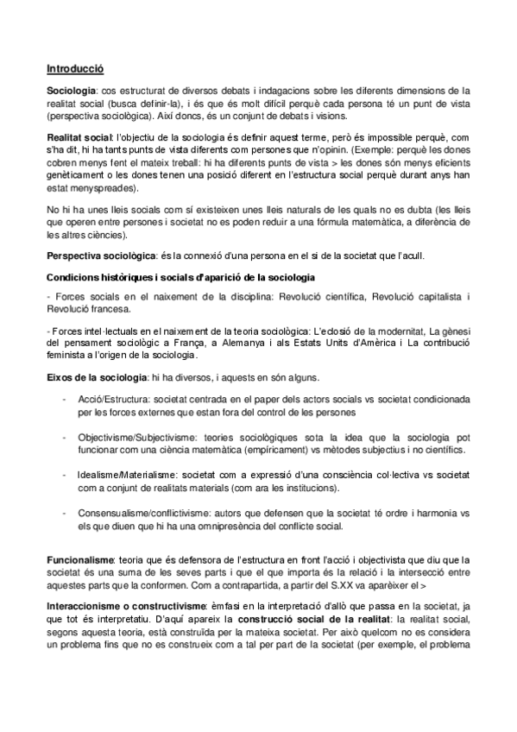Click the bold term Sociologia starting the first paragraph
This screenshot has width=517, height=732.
71,89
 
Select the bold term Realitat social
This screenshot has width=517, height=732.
78,137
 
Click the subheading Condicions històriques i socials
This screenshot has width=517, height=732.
180,276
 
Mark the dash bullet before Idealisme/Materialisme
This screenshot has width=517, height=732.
66,475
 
